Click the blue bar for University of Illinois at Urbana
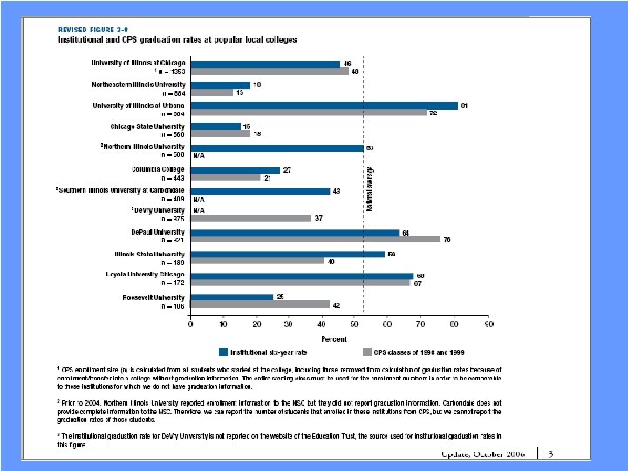(x=324, y=106)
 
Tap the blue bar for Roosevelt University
(x=232, y=297)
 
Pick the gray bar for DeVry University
(x=251, y=218)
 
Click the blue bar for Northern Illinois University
(x=276, y=147)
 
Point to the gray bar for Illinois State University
(x=257, y=261)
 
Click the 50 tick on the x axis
(x=354, y=324)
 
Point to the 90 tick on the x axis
(x=489, y=324)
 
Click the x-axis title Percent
(x=334, y=338)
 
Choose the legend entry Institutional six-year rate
(x=268, y=352)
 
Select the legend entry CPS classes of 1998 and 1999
(x=413, y=352)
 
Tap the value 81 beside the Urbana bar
(x=465, y=106)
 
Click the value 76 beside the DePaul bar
(x=447, y=240)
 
